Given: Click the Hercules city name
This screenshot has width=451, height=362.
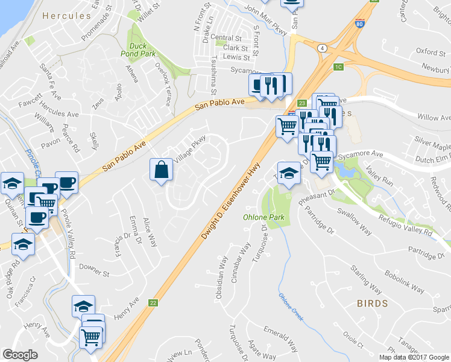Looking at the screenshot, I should click(x=67, y=16).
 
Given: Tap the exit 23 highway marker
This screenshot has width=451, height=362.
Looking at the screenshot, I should click(x=301, y=104).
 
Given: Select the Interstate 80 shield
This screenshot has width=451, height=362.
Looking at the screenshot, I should click(x=360, y=25).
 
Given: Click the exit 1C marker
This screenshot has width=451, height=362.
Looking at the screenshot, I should click(x=338, y=66).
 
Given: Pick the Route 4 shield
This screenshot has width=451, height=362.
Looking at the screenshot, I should click(x=323, y=48).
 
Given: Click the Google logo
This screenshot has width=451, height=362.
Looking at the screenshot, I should click(x=20, y=355).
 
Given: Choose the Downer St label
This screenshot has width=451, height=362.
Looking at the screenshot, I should click(x=93, y=266).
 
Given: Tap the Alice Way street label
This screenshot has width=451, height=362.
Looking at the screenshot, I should click(x=150, y=232).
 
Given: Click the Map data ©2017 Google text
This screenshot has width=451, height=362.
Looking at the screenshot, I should click(x=414, y=357).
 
